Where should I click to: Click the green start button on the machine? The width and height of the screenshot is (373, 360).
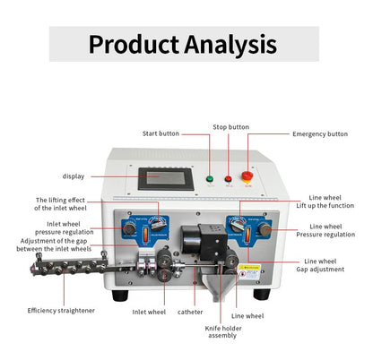tap(209, 177)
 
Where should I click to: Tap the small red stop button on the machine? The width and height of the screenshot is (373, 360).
tap(227, 177)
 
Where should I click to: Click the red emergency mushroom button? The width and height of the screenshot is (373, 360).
tap(248, 176)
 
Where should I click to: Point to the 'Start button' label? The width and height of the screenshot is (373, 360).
tap(164, 133)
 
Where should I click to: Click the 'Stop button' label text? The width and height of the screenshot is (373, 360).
tap(230, 127)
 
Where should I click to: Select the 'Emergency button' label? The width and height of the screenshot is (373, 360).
tap(320, 133)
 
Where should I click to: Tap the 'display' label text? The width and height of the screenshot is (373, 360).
tap(74, 176)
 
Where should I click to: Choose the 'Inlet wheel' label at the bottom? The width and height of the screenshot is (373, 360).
tap(149, 313)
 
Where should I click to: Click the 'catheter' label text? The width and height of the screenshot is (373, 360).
tap(191, 313)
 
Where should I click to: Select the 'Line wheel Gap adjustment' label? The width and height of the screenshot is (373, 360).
tap(335, 264)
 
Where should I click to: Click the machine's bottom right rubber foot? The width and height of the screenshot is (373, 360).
tap(261, 293)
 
